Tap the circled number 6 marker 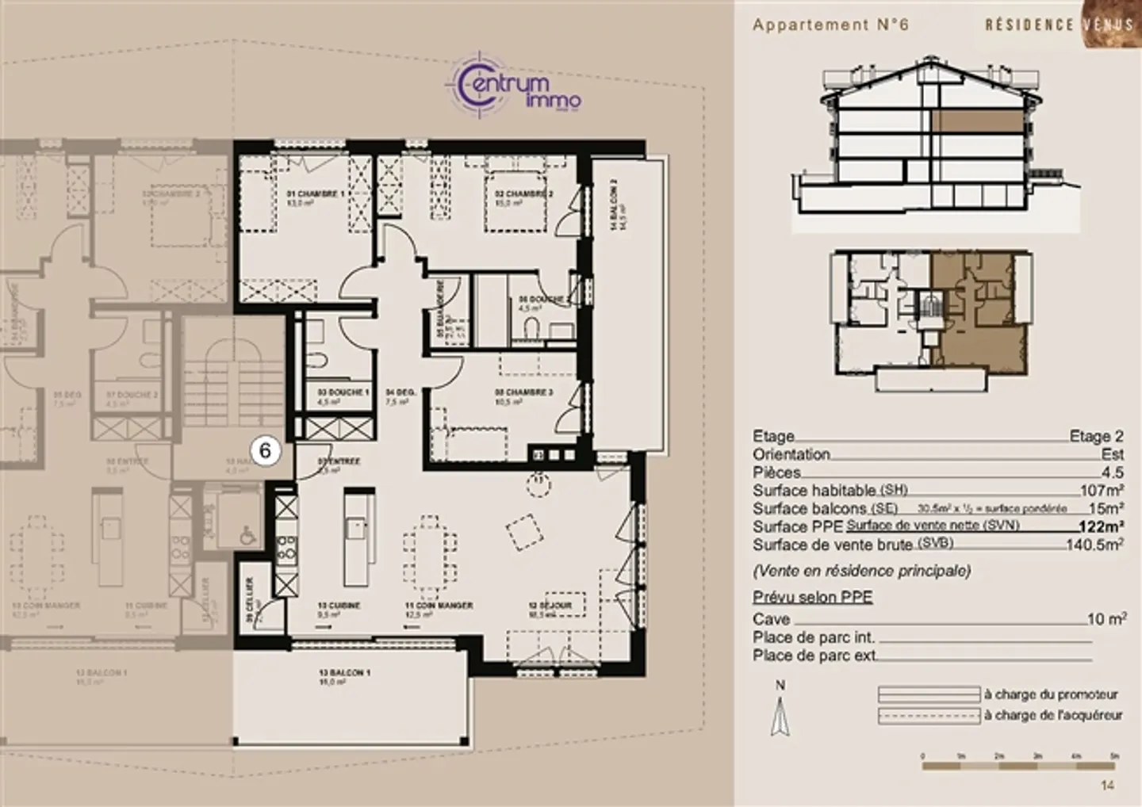266,450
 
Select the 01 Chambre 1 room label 316,194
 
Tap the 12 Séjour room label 550,606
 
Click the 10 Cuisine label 339,606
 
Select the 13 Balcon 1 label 344,673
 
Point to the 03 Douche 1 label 343,392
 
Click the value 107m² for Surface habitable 1102,491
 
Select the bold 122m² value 1101,526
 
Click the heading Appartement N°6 830,25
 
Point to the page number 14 1108,786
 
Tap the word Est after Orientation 1112,454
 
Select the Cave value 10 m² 1106,619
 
